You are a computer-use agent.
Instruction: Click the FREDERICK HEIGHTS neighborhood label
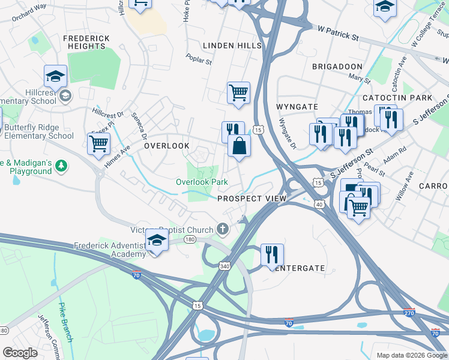pos(86,43)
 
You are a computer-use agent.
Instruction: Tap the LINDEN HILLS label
pos(232,46)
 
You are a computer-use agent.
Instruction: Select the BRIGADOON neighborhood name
pos(337,66)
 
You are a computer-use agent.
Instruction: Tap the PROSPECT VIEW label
pos(247,199)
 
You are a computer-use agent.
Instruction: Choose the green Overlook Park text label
pos(202,182)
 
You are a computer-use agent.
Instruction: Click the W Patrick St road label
pos(338,33)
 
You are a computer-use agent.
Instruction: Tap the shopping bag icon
pos(239,146)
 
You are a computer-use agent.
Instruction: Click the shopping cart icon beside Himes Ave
pos(98,143)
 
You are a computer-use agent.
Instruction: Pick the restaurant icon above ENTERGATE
pos(272,254)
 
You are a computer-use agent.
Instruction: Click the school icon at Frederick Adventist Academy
pos(157,241)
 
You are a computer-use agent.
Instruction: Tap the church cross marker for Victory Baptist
pos(223,229)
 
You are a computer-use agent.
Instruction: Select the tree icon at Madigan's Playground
pos(60,165)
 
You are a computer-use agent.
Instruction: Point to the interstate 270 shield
pos(408,313)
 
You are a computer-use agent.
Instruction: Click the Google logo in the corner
pos(20,353)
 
